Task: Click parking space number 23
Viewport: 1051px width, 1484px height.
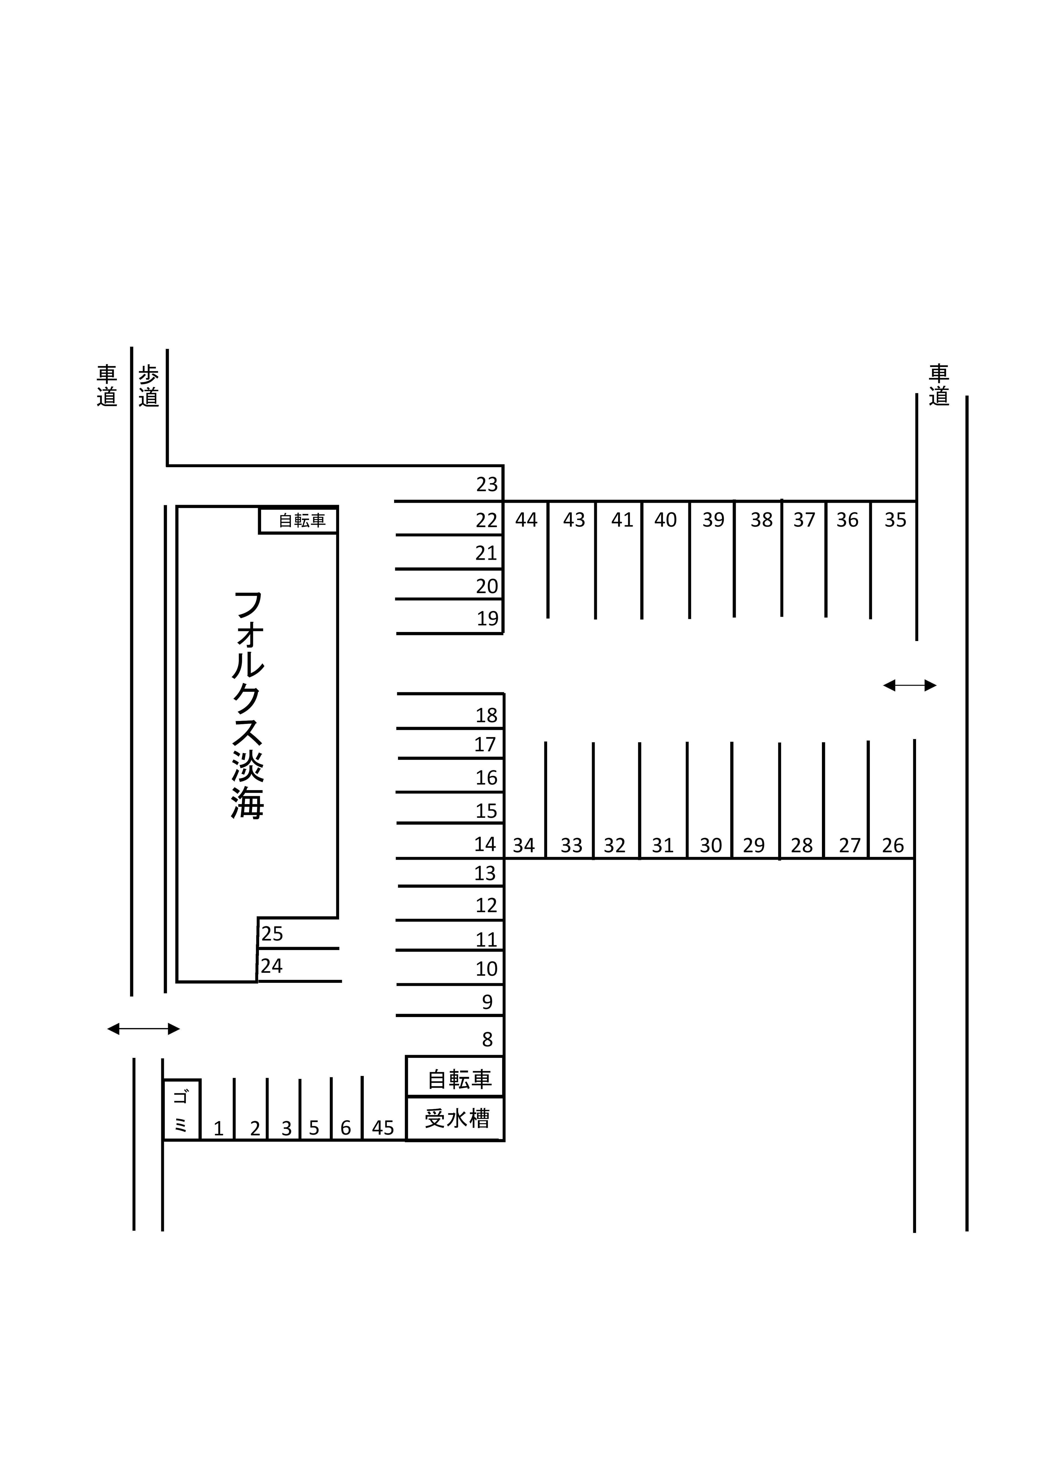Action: pyautogui.click(x=487, y=484)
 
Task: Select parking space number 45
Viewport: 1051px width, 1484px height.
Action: pyautogui.click(x=383, y=1128)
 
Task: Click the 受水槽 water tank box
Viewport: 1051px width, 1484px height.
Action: pyautogui.click(x=455, y=1118)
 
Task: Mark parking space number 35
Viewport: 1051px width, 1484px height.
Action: pyautogui.click(x=896, y=520)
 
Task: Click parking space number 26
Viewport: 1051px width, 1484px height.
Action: pyautogui.click(x=893, y=845)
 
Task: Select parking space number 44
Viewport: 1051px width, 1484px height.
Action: pyautogui.click(x=526, y=520)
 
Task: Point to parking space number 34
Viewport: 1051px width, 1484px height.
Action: pyautogui.click(x=524, y=845)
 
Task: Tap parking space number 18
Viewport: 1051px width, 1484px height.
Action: pyautogui.click(x=487, y=715)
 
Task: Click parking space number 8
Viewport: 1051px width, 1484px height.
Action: pyautogui.click(x=487, y=1040)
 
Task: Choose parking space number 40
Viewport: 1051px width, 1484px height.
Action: pyautogui.click(x=665, y=520)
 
